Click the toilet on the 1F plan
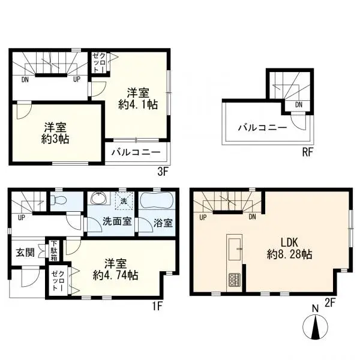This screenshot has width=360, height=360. click(x=59, y=200)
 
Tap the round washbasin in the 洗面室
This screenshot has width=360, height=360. click(x=99, y=198)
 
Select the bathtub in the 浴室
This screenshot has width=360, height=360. click(x=157, y=200)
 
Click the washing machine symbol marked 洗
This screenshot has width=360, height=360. click(x=124, y=202)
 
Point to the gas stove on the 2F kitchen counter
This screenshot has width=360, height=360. click(x=234, y=280)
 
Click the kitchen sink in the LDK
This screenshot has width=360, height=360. click(x=235, y=250)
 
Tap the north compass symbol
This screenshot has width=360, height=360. click(x=316, y=328)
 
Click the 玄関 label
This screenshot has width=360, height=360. click(x=25, y=253)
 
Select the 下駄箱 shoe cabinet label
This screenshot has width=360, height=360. click(x=54, y=251)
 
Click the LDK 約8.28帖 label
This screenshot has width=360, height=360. click(x=289, y=248)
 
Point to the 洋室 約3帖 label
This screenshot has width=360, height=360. click(x=55, y=133)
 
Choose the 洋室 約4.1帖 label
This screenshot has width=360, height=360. click(x=138, y=99)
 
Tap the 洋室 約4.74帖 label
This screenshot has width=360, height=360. click(x=115, y=269)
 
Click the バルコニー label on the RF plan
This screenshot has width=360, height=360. click(x=262, y=127)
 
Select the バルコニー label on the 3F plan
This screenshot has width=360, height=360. click(x=136, y=152)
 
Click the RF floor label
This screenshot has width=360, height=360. click(x=307, y=152)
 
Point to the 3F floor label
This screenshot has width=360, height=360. click(x=163, y=172)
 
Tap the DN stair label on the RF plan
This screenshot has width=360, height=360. click(x=299, y=104)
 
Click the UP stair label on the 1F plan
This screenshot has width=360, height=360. click(x=22, y=217)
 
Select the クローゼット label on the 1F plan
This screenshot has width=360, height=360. click(x=58, y=281)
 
